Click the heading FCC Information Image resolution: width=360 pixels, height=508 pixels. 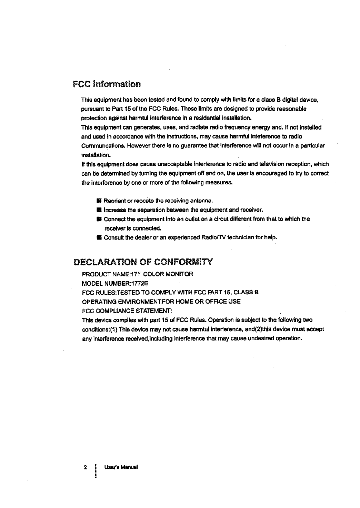107,84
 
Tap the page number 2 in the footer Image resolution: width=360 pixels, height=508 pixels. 84,468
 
